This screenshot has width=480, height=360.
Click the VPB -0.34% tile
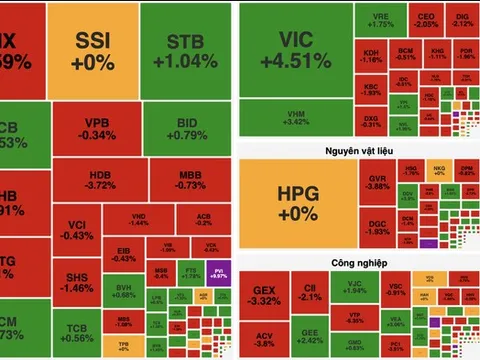pyautogui.click(x=96, y=129)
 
